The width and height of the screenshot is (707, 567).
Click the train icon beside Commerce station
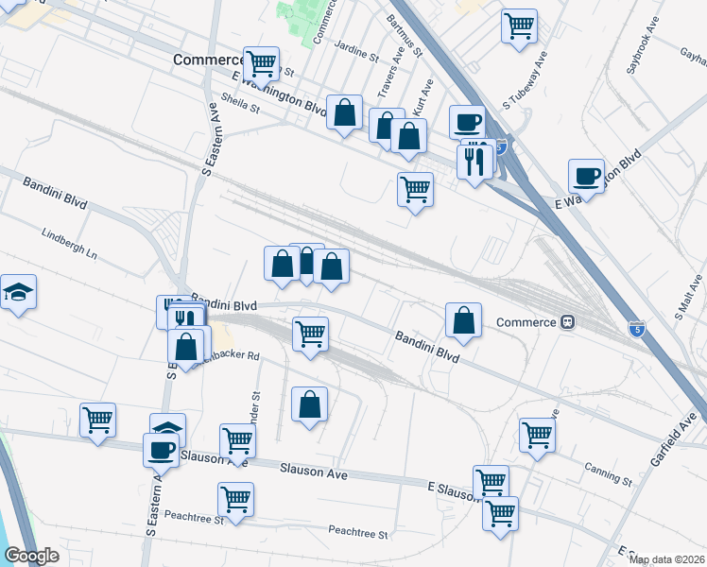(568, 321)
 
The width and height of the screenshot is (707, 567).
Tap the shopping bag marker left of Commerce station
(463, 321)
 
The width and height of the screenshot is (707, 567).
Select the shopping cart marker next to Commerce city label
(261, 63)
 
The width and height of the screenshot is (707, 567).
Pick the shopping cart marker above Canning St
(537, 435)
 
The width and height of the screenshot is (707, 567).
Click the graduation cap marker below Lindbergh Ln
(17, 294)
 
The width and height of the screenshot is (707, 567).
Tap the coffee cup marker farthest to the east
(586, 175)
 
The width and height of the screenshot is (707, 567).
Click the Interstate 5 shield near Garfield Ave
(637, 329)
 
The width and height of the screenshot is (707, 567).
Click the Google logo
(32, 556)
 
